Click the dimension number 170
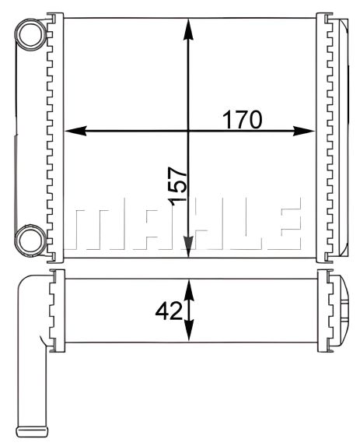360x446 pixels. (x=243, y=120)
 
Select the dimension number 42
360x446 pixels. (x=167, y=311)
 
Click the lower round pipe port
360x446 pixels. (x=32, y=238)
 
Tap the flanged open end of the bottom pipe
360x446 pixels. (x=33, y=429)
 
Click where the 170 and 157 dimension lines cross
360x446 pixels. (x=187, y=131)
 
